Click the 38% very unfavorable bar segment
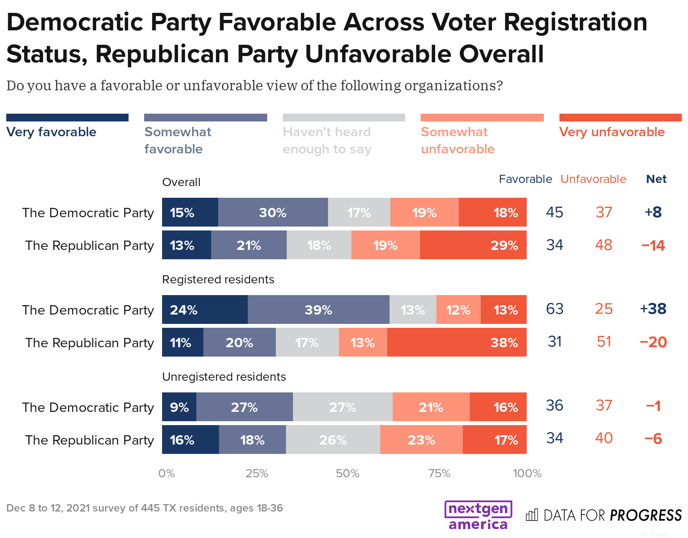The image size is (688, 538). tap(457, 342)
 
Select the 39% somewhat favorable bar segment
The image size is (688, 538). tap(318, 309)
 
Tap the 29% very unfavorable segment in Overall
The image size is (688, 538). tap(473, 245)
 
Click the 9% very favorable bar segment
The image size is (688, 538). tap(179, 407)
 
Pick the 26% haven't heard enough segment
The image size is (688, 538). tap(333, 440)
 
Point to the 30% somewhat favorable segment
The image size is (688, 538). tap(273, 212)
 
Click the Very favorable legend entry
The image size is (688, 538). tap(51, 132)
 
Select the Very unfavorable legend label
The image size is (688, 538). tap(612, 132)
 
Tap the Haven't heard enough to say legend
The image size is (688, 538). tap(327, 140)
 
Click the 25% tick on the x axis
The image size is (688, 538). tap(257, 473)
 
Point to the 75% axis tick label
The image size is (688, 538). tap(439, 473)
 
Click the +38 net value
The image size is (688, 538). tap(653, 309)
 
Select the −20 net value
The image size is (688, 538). tap(653, 342)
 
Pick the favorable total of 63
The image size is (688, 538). tap(554, 309)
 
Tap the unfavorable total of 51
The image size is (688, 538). tap(604, 342)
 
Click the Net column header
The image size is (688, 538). tap(656, 179)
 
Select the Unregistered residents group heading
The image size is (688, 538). tap(224, 377)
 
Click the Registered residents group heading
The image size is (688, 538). tap(218, 280)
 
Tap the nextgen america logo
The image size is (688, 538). tap(478, 515)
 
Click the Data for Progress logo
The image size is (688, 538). tap(603, 515)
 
